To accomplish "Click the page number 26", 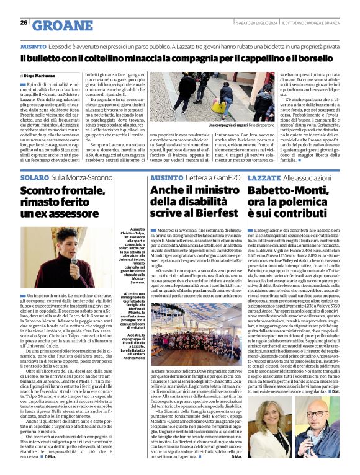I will point(24,23).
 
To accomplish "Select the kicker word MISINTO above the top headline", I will point(32,47).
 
